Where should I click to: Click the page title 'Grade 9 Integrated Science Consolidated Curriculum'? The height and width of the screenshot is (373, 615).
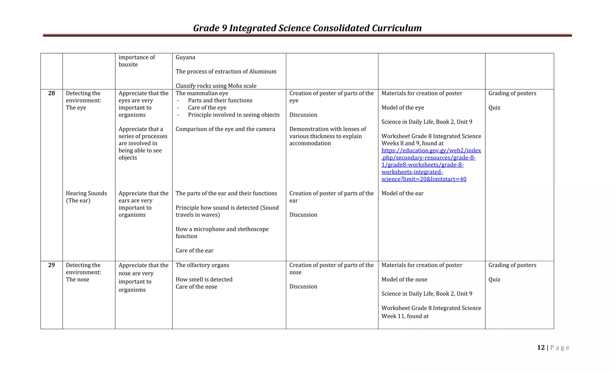[307, 28]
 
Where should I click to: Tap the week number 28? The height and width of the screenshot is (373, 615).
[52, 93]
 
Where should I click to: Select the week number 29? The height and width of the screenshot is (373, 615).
[52, 265]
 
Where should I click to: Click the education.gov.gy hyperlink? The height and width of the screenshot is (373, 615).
[431, 165]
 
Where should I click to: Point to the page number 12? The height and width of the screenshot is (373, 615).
[541, 347]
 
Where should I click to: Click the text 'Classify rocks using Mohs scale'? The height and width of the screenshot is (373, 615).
[216, 86]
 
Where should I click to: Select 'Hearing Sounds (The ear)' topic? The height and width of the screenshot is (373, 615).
[86, 197]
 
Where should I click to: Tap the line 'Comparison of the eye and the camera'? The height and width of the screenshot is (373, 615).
[225, 129]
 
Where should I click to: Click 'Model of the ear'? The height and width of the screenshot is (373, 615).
[402, 194]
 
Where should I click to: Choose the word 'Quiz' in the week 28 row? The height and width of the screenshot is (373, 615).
[494, 108]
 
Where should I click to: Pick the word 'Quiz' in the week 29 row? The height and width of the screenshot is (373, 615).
[494, 280]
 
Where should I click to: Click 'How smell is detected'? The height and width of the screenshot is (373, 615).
[204, 280]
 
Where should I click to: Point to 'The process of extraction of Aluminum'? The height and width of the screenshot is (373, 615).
[226, 72]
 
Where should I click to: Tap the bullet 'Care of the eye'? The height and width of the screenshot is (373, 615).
[207, 108]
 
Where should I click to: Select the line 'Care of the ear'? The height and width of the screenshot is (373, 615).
[194, 251]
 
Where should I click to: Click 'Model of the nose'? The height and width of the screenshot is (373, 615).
[404, 280]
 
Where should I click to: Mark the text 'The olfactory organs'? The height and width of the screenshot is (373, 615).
[202, 265]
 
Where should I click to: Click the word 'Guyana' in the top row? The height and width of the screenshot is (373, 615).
[185, 57]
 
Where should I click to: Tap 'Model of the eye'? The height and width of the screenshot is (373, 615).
[403, 108]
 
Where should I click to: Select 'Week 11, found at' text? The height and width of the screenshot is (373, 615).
[405, 316]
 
